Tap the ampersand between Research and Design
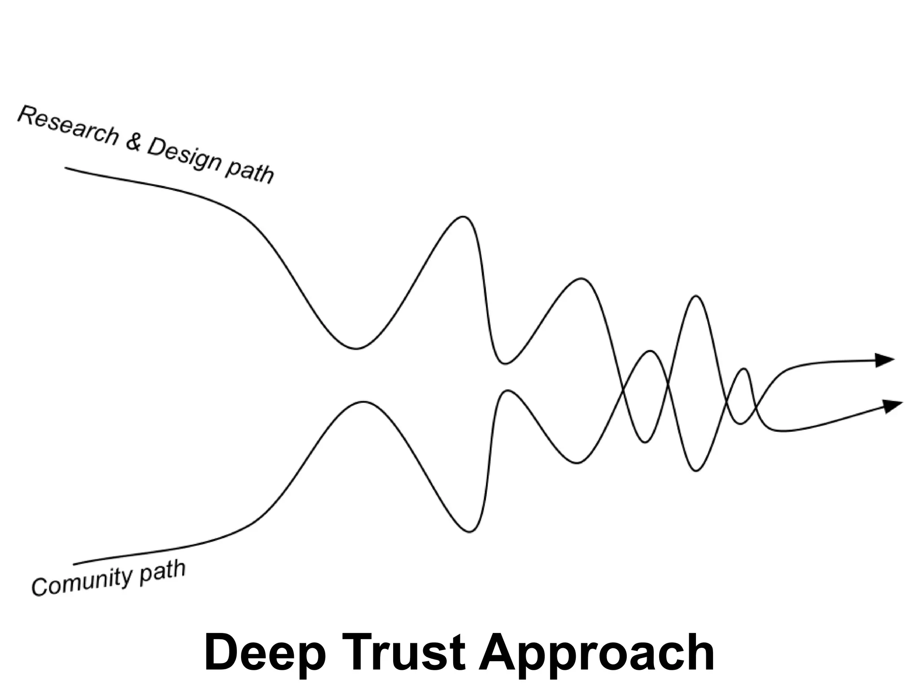134,142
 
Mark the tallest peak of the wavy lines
463,217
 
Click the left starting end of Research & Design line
66,168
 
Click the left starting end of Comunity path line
74,564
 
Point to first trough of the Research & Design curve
356,349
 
